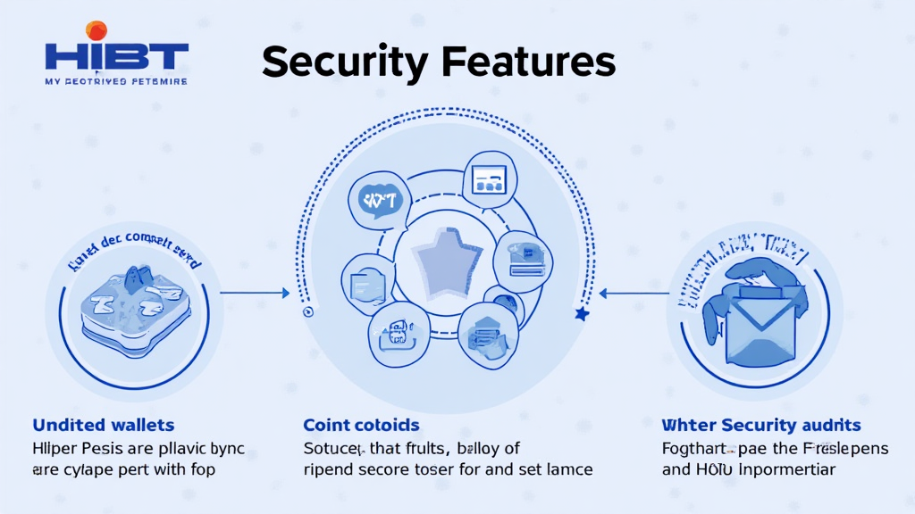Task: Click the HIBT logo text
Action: (116, 56)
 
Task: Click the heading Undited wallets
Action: (103, 425)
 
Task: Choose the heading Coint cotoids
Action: (361, 425)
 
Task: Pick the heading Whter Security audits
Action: (760, 425)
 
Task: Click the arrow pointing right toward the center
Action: (256, 292)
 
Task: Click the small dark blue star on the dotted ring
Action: (582, 314)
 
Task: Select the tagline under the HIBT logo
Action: (115, 81)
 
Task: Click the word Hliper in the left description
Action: (55, 448)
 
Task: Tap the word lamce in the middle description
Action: (567, 469)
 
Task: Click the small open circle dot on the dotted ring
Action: (307, 313)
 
